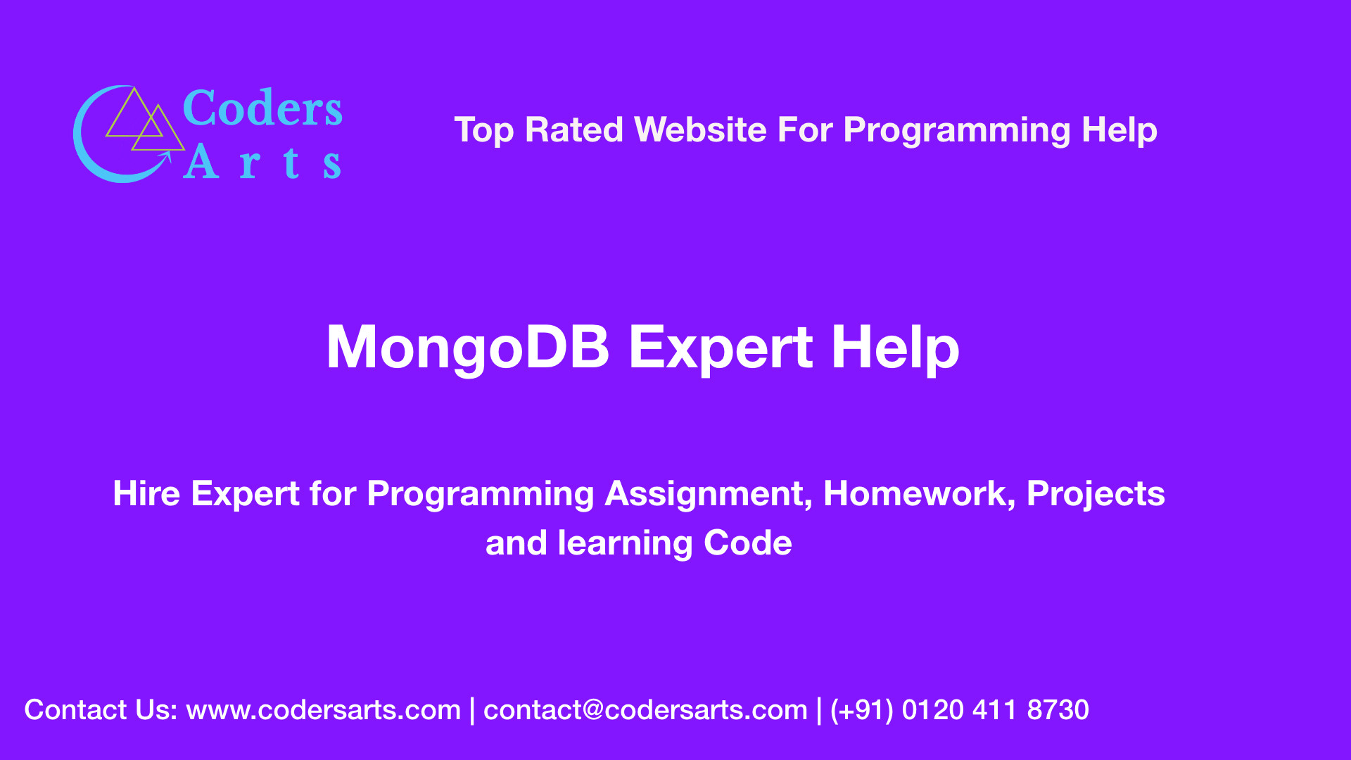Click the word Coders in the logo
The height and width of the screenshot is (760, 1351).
click(262, 109)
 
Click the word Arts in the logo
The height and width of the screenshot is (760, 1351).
click(262, 163)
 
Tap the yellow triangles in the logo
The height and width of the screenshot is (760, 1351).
click(145, 121)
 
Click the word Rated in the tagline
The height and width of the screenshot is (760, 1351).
click(573, 130)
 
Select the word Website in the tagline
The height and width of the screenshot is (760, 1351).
click(700, 130)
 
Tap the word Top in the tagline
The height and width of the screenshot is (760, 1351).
click(483, 131)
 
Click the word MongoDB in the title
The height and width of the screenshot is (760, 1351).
click(468, 347)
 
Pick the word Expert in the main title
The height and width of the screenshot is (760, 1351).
click(721, 347)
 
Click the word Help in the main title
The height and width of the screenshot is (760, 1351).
click(894, 347)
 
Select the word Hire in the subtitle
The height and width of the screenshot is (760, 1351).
click(146, 493)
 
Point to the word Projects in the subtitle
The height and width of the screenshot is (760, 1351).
click(1095, 493)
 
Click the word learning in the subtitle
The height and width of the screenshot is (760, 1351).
click(625, 543)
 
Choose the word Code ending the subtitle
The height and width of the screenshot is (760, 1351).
click(747, 543)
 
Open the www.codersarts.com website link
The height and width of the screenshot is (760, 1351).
click(323, 710)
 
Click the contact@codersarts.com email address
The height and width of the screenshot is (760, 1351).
click(645, 710)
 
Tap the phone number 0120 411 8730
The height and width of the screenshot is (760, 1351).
click(995, 710)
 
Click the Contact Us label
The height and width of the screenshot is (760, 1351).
click(100, 710)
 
